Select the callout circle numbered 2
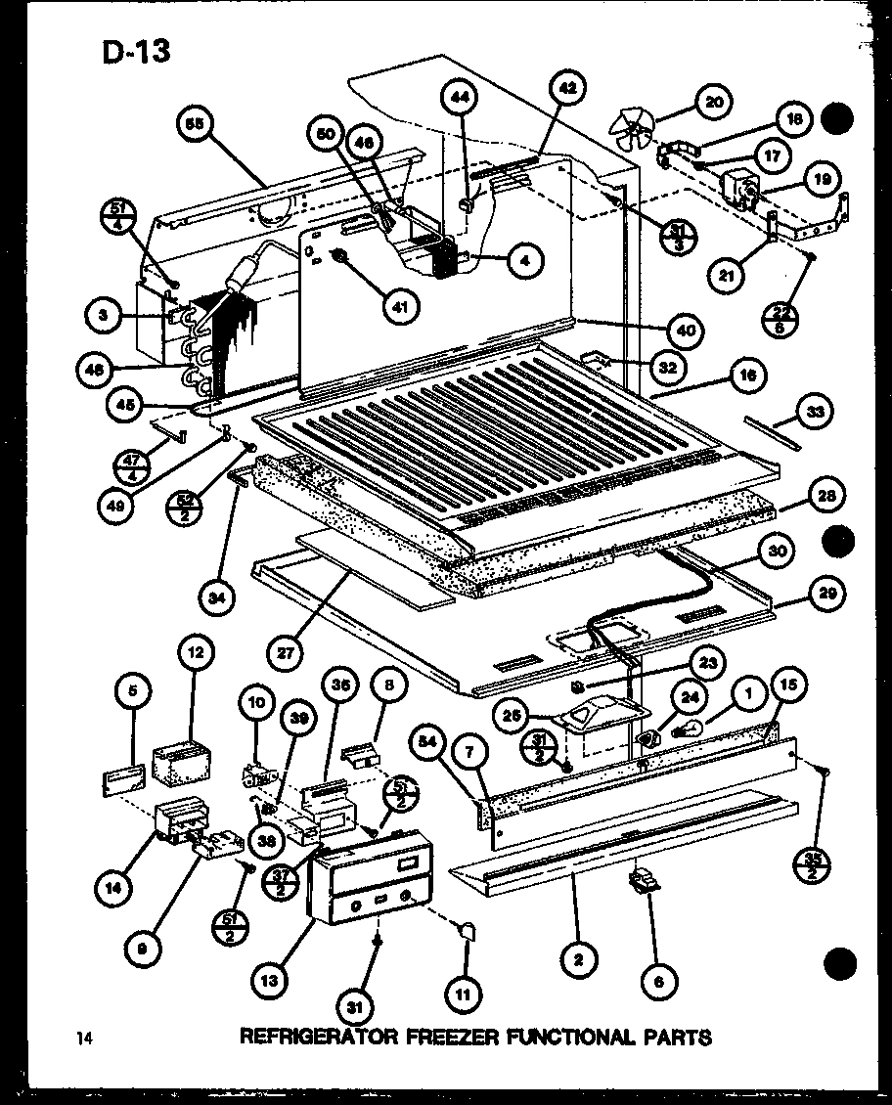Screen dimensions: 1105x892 [x=579, y=960]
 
